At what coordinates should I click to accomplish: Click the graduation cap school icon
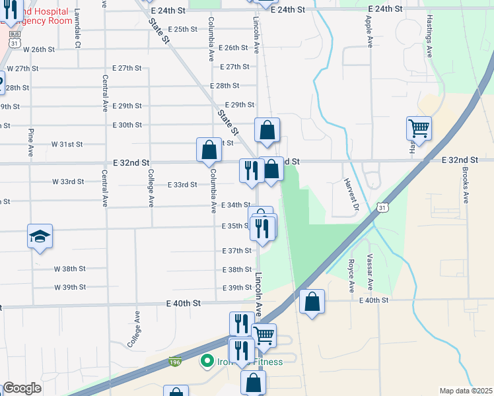40,236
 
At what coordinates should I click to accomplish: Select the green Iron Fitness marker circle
207,361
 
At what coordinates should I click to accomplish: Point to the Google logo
22,388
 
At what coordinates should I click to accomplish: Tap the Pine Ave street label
30,142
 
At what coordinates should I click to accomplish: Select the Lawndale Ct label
77,28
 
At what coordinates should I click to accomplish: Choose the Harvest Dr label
350,195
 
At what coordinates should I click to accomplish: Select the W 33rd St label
69,181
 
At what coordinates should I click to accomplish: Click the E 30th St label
127,125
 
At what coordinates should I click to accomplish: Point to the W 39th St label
70,287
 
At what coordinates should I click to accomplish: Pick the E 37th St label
237,251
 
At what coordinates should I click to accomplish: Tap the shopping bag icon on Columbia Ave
209,150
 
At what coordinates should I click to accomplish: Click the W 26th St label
38,49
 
